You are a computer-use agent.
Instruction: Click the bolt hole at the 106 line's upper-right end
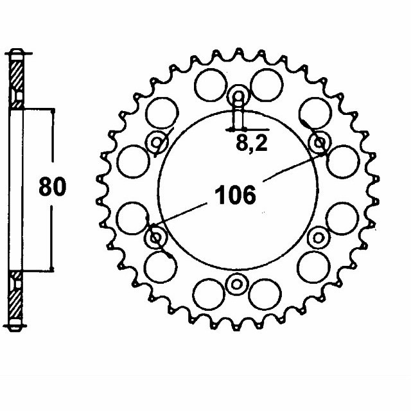coord(319,143)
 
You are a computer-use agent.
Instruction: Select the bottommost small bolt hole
coord(238,283)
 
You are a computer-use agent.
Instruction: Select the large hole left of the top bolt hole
coord(208,86)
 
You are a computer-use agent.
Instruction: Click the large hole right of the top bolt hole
coord(265,85)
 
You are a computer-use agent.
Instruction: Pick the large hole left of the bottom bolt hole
coord(209,293)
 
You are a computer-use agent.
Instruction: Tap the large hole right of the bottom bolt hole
coord(264,294)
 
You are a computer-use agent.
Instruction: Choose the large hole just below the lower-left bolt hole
coord(161,265)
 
